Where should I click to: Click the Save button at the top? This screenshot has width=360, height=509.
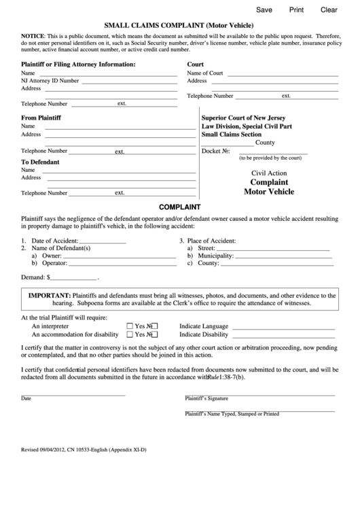(264, 10)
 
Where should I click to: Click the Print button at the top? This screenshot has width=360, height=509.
(297, 10)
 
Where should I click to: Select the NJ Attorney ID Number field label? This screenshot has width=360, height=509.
(50, 80)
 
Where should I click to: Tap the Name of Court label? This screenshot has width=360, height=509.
(204, 73)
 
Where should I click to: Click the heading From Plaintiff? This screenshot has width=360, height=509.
(41, 118)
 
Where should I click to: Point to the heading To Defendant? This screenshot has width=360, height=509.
(40, 162)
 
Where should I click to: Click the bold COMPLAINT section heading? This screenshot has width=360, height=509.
(179, 206)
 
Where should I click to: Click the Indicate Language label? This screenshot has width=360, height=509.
(203, 326)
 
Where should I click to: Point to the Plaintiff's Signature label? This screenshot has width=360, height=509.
(206, 398)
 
